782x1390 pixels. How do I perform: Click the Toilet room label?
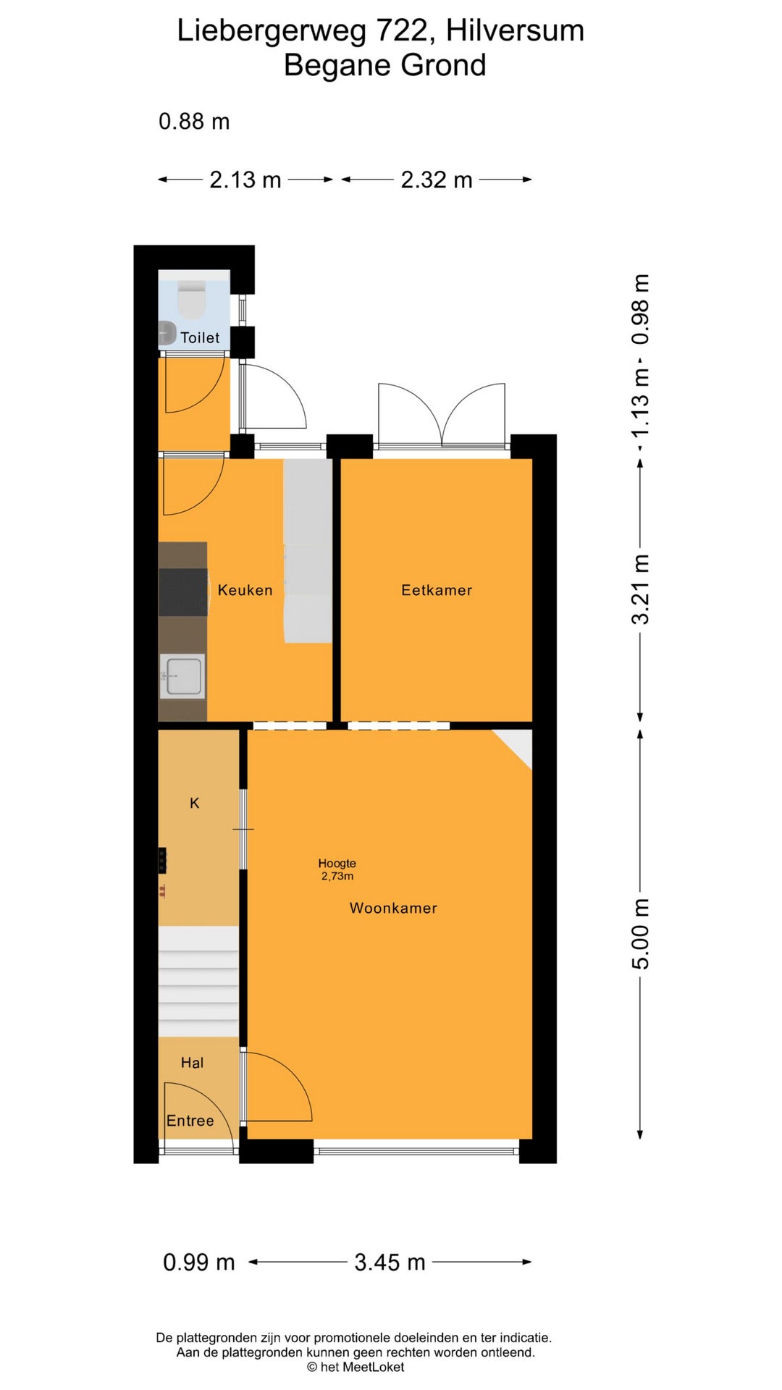point(200,337)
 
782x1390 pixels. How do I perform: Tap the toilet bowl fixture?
point(193,300)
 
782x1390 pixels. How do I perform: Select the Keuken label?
point(245,590)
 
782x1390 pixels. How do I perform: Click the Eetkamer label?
point(437,590)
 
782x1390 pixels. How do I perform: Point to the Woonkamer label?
point(393,908)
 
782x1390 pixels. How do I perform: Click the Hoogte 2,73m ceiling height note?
point(337,869)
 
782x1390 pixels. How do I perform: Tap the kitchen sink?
point(182,676)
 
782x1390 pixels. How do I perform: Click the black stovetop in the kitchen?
point(183,592)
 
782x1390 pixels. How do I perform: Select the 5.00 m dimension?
point(641,933)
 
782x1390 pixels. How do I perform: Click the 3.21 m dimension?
point(641,590)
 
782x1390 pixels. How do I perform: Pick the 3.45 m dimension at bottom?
point(390,1263)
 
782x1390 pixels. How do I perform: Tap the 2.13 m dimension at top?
point(245,180)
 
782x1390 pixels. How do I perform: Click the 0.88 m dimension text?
point(194,121)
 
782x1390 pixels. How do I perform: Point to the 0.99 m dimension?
point(199,1263)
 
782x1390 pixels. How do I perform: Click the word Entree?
point(190,1121)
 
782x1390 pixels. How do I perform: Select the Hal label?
point(192,1063)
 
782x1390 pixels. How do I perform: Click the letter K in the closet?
point(194,803)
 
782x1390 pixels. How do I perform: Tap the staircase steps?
point(198,981)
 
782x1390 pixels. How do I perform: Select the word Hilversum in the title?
point(515,30)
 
